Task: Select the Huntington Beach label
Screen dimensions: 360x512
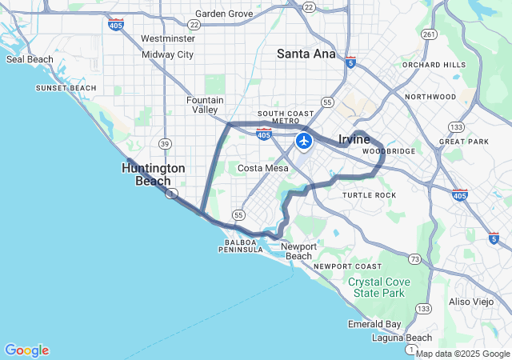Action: coord(154,174)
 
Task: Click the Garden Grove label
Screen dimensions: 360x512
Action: coord(224,14)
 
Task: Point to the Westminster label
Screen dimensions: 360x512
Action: coord(167,38)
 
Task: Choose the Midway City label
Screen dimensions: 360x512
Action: coord(168,54)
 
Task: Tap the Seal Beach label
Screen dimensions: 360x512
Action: coord(30,59)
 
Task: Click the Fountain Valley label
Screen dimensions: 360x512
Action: coord(205,105)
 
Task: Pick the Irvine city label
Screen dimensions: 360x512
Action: coord(354,139)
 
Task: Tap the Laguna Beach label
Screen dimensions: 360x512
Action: coord(402,338)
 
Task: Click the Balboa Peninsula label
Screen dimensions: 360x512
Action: coord(241,246)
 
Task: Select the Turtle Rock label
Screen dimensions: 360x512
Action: coord(369,195)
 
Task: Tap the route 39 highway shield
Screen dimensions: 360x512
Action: coord(165,143)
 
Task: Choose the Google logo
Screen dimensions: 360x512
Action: coord(26,350)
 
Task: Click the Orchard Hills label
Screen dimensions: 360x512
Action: coord(434,65)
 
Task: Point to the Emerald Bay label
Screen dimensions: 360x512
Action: coord(374,324)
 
